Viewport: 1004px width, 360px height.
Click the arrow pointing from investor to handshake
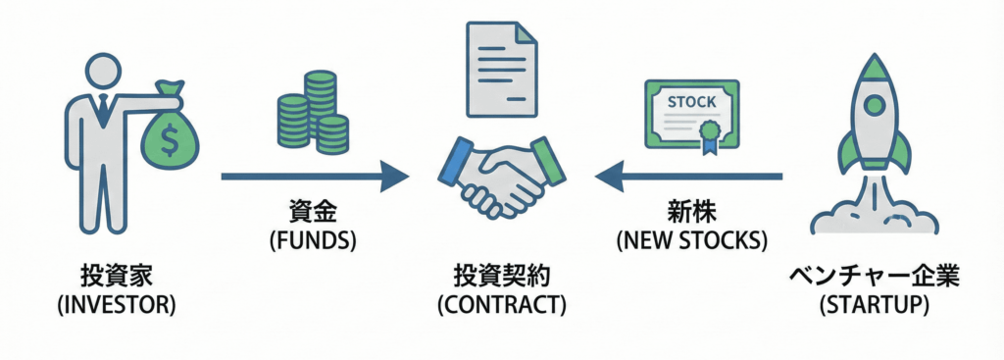click(314, 177)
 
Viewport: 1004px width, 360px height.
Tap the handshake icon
click(502, 177)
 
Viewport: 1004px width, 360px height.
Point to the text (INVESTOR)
click(116, 304)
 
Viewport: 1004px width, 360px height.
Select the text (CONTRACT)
click(501, 304)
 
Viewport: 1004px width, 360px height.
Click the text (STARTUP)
click(874, 304)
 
